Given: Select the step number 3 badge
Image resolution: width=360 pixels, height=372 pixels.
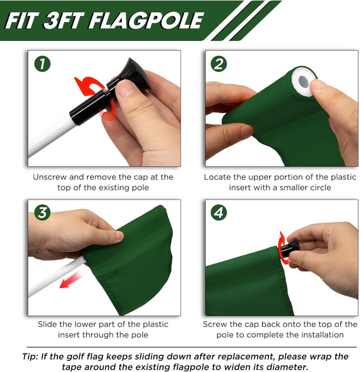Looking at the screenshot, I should tap(42, 213).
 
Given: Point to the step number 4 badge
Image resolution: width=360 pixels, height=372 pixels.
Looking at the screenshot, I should tap(219, 213).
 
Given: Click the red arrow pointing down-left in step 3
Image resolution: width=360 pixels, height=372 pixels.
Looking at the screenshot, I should tap(70, 281).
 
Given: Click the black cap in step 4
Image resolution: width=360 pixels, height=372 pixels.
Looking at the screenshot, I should tap(293, 246).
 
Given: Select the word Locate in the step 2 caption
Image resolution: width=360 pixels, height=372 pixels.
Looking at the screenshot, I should tap(217, 177).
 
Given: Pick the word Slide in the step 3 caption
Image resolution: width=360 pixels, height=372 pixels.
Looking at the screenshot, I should tap(47, 324).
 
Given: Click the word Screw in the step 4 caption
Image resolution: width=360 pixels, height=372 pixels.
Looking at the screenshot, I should tap(215, 324).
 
